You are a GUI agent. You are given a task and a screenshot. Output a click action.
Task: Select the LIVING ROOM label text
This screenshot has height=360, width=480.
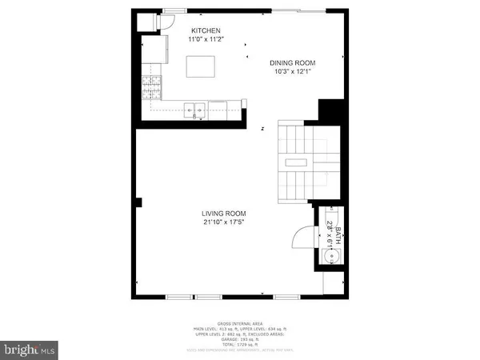(223, 213)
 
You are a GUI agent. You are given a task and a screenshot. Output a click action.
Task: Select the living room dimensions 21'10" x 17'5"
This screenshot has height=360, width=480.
(223, 223)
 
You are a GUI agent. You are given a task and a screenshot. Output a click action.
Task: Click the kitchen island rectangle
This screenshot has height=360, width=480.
(200, 66)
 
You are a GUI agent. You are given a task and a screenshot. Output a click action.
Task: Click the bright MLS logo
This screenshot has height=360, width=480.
(30, 349)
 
